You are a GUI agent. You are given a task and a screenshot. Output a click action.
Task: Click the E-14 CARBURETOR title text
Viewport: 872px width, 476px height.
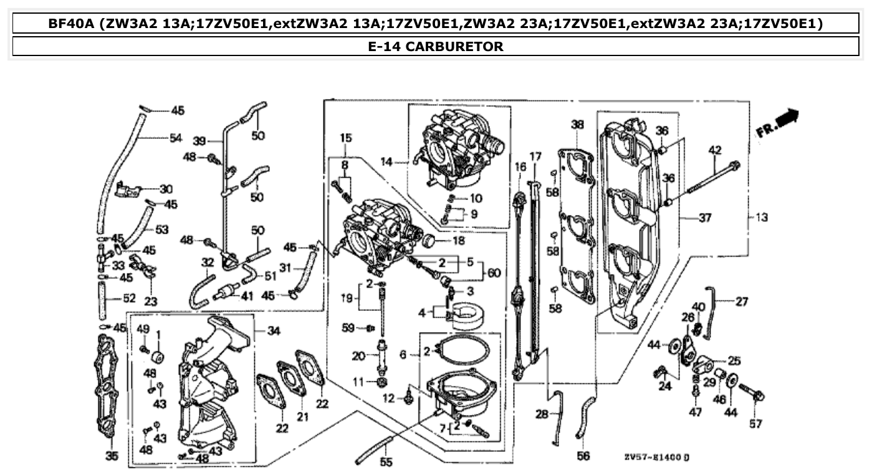(x=436, y=47)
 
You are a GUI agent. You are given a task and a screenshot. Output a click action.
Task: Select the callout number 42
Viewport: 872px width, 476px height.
(x=715, y=150)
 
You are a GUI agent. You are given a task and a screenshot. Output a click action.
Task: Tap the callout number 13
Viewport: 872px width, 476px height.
(x=762, y=217)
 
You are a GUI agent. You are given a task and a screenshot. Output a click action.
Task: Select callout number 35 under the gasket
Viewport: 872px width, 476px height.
(x=112, y=456)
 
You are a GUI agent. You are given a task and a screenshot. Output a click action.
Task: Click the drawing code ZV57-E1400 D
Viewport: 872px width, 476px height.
(x=656, y=458)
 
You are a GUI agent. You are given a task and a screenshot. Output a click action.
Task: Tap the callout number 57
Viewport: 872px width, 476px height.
(x=755, y=424)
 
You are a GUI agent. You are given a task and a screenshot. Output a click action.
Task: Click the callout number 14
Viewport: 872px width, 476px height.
(x=386, y=162)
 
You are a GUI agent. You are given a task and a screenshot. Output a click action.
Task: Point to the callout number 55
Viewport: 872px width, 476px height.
(x=386, y=462)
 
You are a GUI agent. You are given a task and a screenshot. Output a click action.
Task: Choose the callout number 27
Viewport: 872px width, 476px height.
(x=741, y=302)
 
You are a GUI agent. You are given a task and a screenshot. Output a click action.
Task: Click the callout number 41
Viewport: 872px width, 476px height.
(x=247, y=297)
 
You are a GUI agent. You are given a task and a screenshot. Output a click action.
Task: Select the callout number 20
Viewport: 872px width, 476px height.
(x=358, y=356)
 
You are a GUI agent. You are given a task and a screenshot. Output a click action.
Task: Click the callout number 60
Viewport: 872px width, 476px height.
(x=494, y=272)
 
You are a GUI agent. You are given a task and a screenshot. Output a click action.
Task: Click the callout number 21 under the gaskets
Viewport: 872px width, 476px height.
(x=303, y=417)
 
